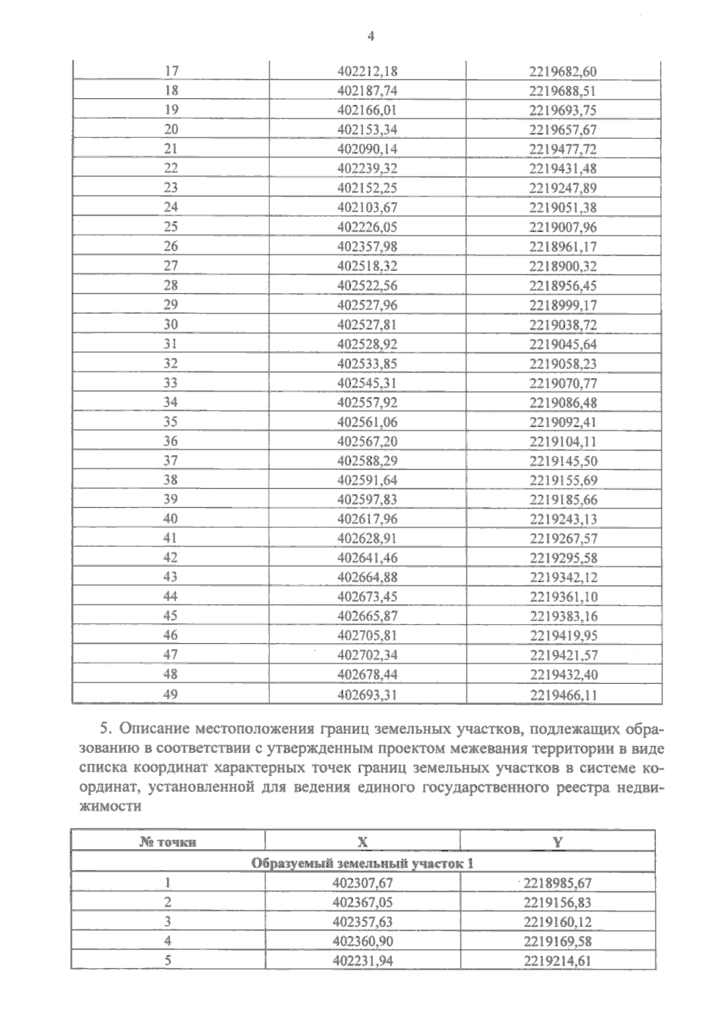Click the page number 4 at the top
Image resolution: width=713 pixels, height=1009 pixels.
pyautogui.click(x=371, y=36)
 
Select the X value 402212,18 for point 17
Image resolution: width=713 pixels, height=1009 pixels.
pyautogui.click(x=367, y=71)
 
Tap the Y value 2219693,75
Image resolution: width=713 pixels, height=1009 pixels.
pyautogui.click(x=562, y=111)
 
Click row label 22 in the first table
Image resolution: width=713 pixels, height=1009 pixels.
pyautogui.click(x=171, y=169)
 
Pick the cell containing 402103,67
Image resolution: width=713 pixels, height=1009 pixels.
pyautogui.click(x=367, y=207)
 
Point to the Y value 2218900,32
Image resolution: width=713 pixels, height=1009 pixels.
pyautogui.click(x=562, y=266)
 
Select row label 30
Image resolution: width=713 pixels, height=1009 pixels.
pyautogui.click(x=171, y=324)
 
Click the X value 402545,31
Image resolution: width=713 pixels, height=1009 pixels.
pyautogui.click(x=367, y=383)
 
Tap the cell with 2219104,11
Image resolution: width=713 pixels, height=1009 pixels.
pyautogui.click(x=562, y=442)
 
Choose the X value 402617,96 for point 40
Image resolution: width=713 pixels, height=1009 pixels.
pyautogui.click(x=367, y=519)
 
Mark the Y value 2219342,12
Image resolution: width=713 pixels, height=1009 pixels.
pyautogui.click(x=562, y=578)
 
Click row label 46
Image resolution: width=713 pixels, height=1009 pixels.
pyautogui.click(x=171, y=635)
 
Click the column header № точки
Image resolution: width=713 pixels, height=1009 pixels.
pyautogui.click(x=168, y=841)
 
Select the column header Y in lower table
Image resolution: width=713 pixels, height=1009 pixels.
pyautogui.click(x=558, y=841)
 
